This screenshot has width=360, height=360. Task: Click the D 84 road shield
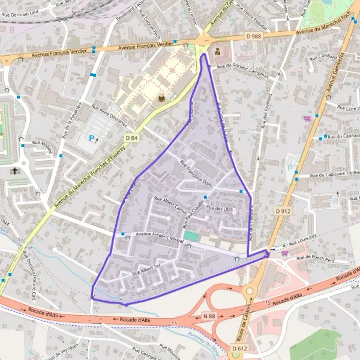132,138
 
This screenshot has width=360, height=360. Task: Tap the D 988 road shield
254,37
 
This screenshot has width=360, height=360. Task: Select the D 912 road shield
283,211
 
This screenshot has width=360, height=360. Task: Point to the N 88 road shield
209,316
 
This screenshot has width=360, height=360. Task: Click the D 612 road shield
238,349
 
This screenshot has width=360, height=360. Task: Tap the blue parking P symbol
91,139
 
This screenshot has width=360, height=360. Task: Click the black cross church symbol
15,171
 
